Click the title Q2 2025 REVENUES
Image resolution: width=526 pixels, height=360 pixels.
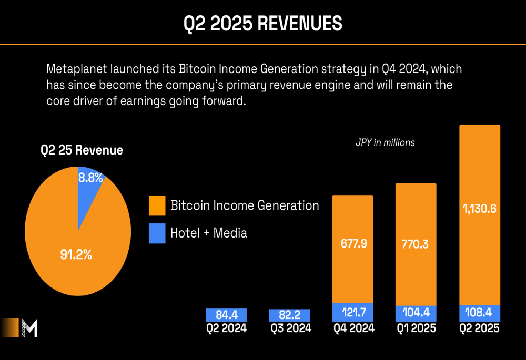click(x=263, y=24)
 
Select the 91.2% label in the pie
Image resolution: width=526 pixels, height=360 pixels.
click(x=76, y=255)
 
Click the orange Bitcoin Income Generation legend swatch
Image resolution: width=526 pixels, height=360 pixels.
click(x=157, y=205)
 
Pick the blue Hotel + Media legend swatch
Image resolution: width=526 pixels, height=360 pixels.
click(x=157, y=233)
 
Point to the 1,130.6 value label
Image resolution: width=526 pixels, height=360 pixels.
click(x=480, y=209)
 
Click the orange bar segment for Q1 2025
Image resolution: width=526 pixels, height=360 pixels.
click(x=416, y=244)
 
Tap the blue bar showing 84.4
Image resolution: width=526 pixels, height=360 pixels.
click(x=226, y=315)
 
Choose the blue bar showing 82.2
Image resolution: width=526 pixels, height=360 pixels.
click(x=289, y=315)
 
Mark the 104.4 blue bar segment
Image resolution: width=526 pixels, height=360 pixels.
click(x=416, y=313)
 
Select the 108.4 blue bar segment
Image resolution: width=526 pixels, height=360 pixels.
click(x=480, y=313)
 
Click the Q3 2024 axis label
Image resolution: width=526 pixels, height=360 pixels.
click(x=289, y=328)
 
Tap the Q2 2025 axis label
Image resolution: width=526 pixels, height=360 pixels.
click(x=480, y=328)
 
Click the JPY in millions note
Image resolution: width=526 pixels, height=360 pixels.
click(x=385, y=142)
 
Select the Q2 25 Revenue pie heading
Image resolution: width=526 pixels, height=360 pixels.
click(x=82, y=150)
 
